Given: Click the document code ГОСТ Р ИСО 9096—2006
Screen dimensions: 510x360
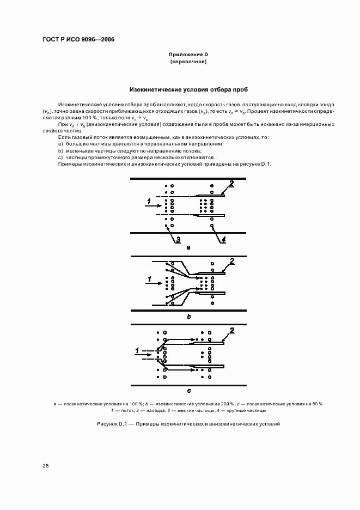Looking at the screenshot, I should [x=78, y=40].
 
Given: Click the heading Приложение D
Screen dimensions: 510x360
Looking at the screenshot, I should [x=188, y=55].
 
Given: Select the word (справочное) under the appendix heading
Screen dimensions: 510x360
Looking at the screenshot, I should [x=188, y=62].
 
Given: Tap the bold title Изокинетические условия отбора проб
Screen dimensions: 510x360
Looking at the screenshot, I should [x=188, y=89].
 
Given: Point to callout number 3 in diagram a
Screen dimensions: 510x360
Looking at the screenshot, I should [x=178, y=239].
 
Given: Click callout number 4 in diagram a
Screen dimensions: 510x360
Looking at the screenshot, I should [x=223, y=239].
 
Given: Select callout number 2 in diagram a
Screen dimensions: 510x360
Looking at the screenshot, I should [x=231, y=184].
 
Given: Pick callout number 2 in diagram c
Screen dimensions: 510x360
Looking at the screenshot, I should [x=233, y=331].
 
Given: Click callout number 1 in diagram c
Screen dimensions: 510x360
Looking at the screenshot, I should [x=137, y=349].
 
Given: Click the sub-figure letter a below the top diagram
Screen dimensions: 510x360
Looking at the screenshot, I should [x=188, y=247].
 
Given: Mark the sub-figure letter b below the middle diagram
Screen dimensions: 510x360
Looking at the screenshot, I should [x=188, y=316].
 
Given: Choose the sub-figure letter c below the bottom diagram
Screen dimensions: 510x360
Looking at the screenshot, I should [x=188, y=390].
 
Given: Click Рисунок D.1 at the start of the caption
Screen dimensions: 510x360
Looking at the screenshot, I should [x=111, y=423].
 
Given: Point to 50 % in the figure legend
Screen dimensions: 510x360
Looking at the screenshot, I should [x=316, y=404].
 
